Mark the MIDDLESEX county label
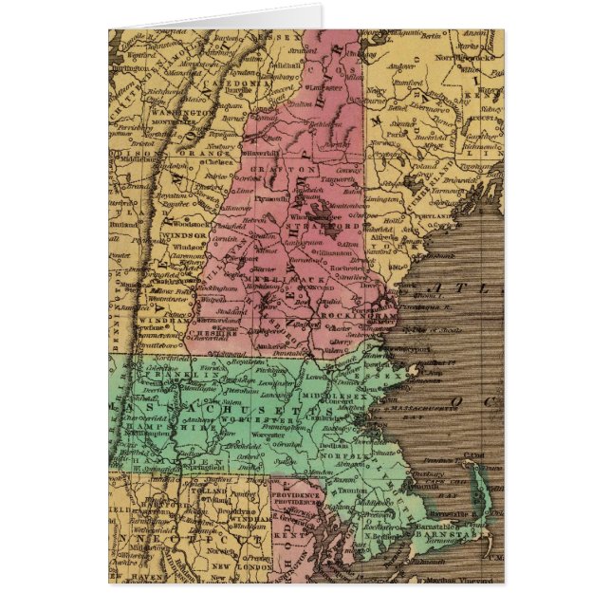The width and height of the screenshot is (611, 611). coord(331,394)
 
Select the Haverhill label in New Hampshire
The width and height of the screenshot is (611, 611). coord(263,151)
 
